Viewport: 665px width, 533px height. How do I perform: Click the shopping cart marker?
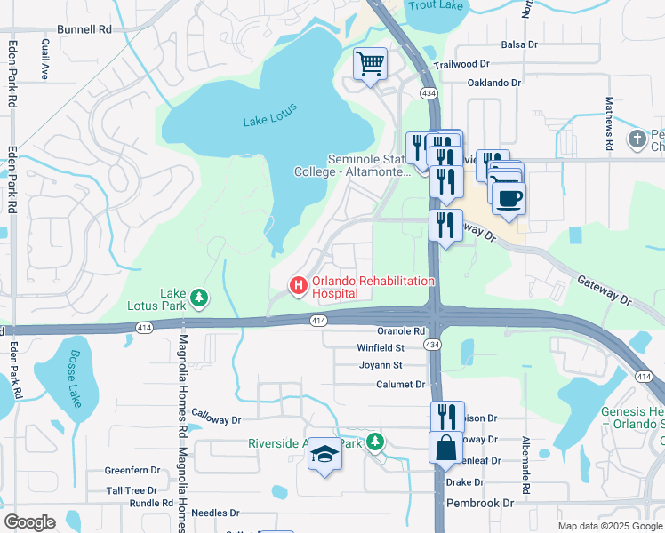coord(370,64)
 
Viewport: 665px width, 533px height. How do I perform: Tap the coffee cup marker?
coord(508,198)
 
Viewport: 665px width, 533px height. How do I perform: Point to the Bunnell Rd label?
coord(84,29)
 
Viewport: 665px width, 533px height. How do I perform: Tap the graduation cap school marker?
coord(324,456)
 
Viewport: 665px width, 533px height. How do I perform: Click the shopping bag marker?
coord(446,449)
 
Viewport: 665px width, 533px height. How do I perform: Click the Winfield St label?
coord(381,348)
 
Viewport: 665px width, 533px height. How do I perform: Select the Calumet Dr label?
coord(399,385)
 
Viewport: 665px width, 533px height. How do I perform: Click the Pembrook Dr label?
coord(484,503)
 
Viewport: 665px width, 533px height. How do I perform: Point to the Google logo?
coord(29,522)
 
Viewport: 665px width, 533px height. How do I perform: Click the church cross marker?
coord(637,139)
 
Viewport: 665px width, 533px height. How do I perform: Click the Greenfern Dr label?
coord(132,471)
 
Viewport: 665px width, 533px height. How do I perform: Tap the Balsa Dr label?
coord(520,44)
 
